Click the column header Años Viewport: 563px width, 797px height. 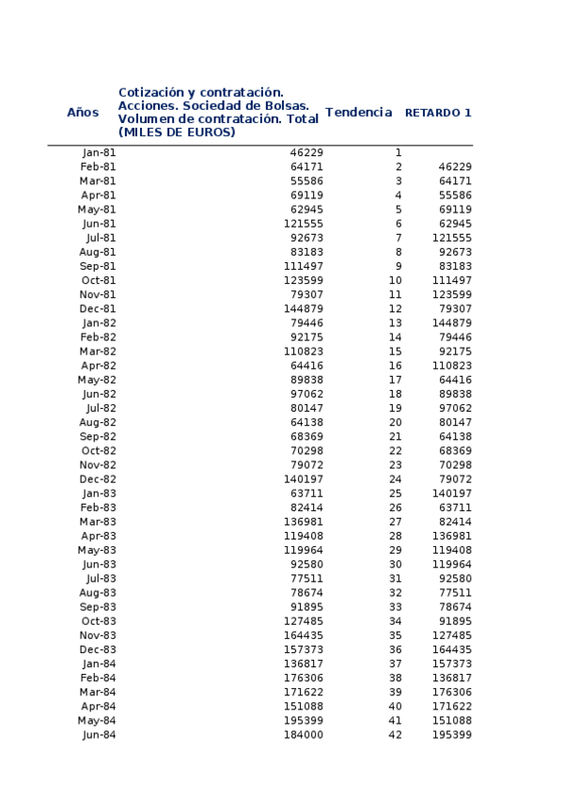tap(83, 113)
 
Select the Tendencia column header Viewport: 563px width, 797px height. tap(358, 113)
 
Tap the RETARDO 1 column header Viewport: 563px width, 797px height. tap(438, 113)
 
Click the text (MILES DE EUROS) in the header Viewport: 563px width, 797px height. tap(177, 133)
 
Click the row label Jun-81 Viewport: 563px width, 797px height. tap(100, 224)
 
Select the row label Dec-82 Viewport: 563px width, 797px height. tap(99, 479)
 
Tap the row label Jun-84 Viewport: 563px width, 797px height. tap(100, 735)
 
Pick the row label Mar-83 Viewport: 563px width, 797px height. tap(98, 522)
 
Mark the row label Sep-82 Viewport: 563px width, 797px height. tap(98, 437)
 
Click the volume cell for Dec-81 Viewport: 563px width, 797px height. tap(304, 309)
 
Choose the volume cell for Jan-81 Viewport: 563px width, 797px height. tap(306, 152)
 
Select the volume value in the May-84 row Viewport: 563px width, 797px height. tap(304, 721)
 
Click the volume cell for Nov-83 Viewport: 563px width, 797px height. tap(304, 635)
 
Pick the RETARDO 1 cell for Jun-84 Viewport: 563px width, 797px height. tap(452, 735)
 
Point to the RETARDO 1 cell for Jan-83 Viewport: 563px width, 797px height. tap(452, 493)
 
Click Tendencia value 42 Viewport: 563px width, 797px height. tap(395, 735)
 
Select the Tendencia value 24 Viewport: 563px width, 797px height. tap(395, 479)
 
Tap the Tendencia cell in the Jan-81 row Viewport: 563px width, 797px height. tap(399, 152)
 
